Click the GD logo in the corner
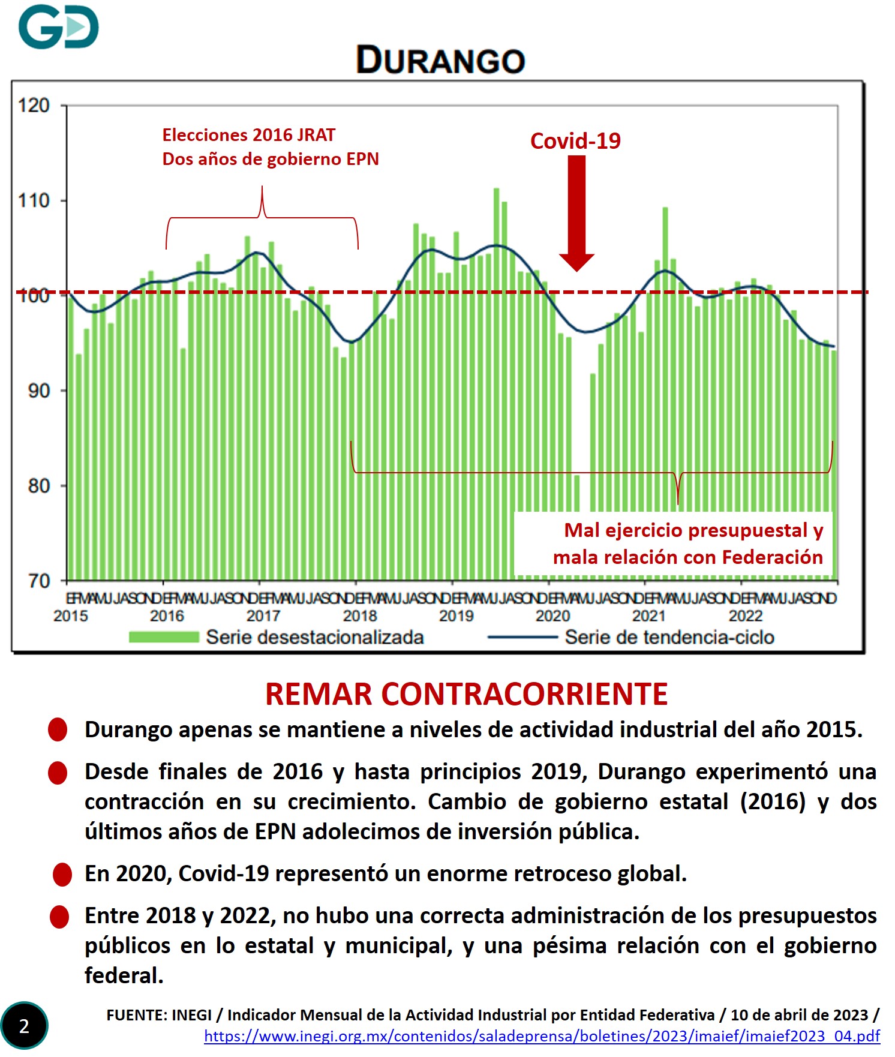tap(58, 26)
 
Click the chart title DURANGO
tap(440, 60)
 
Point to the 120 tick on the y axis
tap(34, 106)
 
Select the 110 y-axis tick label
tap(34, 200)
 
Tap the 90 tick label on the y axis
tap(38, 391)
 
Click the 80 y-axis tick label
tap(38, 485)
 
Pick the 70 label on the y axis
tap(38, 580)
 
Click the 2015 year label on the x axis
tap(70, 615)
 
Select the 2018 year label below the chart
tap(359, 615)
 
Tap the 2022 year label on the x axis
tap(745, 615)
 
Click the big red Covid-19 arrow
tap(576, 213)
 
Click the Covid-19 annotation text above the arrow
tap(575, 141)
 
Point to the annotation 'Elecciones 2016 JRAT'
tap(248, 135)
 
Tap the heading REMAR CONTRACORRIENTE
tap(466, 694)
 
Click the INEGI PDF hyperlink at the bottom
tap(542, 1036)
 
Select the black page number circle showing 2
tap(24, 1026)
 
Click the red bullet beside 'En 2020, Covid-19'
tap(62, 875)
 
